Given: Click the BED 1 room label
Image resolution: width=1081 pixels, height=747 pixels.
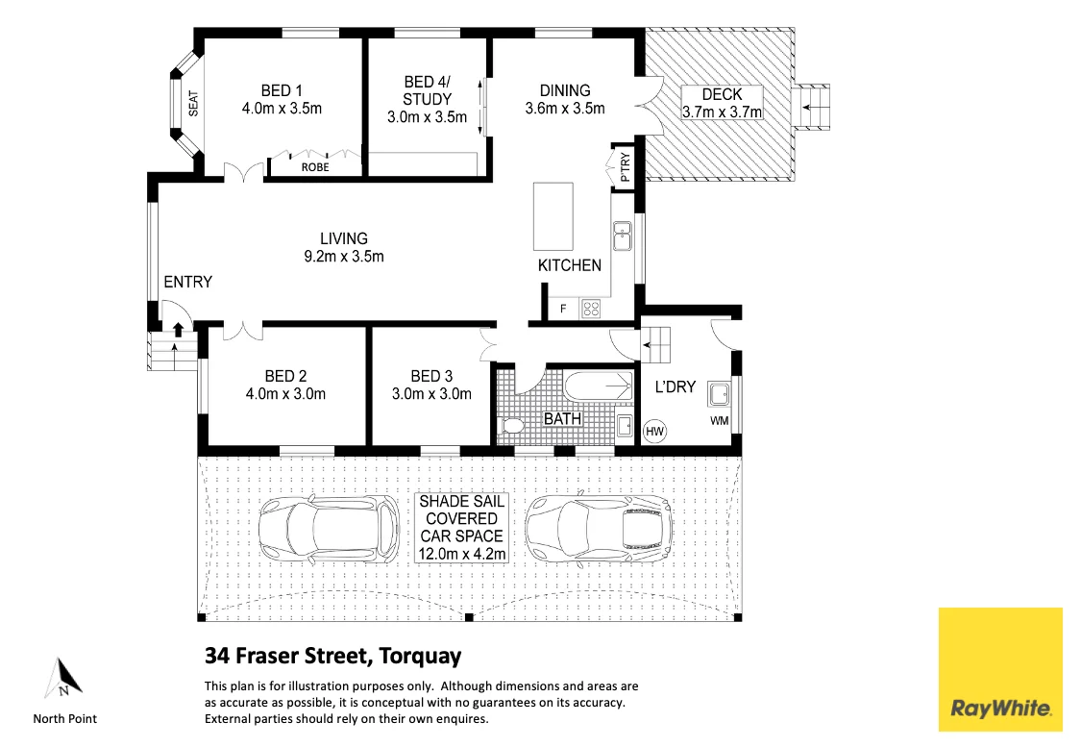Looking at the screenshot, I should pos(282,90).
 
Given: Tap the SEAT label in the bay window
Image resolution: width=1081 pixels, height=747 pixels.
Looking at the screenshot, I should pos(192,104).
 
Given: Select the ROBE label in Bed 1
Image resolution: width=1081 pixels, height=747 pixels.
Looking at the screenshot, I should pos(314,167).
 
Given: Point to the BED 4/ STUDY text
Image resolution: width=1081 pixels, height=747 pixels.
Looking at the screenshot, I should pos(427,90).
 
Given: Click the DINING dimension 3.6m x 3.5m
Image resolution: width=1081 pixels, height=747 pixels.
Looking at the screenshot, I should pos(565,109).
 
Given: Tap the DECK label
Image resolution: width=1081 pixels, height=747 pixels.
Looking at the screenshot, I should pos(721,94).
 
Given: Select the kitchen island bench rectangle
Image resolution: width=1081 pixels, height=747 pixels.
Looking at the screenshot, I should pos(553,215).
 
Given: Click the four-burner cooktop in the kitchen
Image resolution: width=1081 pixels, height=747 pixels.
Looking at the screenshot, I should pos(592,309).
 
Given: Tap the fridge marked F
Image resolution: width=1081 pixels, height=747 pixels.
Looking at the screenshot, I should pos(563,310).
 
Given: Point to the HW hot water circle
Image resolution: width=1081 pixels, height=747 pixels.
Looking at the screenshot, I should pos(655,432).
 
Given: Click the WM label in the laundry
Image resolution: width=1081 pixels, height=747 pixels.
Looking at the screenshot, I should pos(719,422).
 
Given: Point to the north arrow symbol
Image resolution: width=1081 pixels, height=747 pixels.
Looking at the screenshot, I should pos(62,679).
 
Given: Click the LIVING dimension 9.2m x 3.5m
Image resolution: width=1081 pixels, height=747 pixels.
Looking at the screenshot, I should pos(344,257).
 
